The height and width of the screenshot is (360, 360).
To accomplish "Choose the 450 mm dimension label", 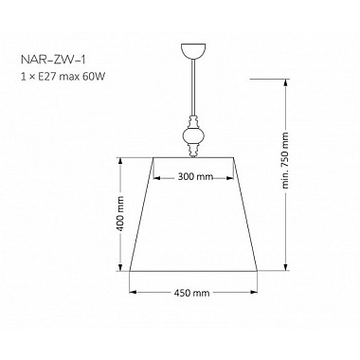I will [x=193, y=293].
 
